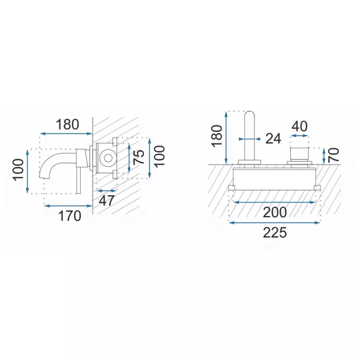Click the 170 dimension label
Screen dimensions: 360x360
[70, 216]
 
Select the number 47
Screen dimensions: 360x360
[107, 201]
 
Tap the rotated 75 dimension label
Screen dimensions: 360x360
[139, 157]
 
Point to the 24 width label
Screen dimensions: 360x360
[273, 139]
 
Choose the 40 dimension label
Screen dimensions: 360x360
[299, 126]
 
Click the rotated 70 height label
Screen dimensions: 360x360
[334, 155]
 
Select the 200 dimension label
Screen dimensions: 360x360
[275, 212]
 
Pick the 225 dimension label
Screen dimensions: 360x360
[275, 233]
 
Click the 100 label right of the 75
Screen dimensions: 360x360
[160, 156]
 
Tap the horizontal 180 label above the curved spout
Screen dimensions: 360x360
[68, 125]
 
